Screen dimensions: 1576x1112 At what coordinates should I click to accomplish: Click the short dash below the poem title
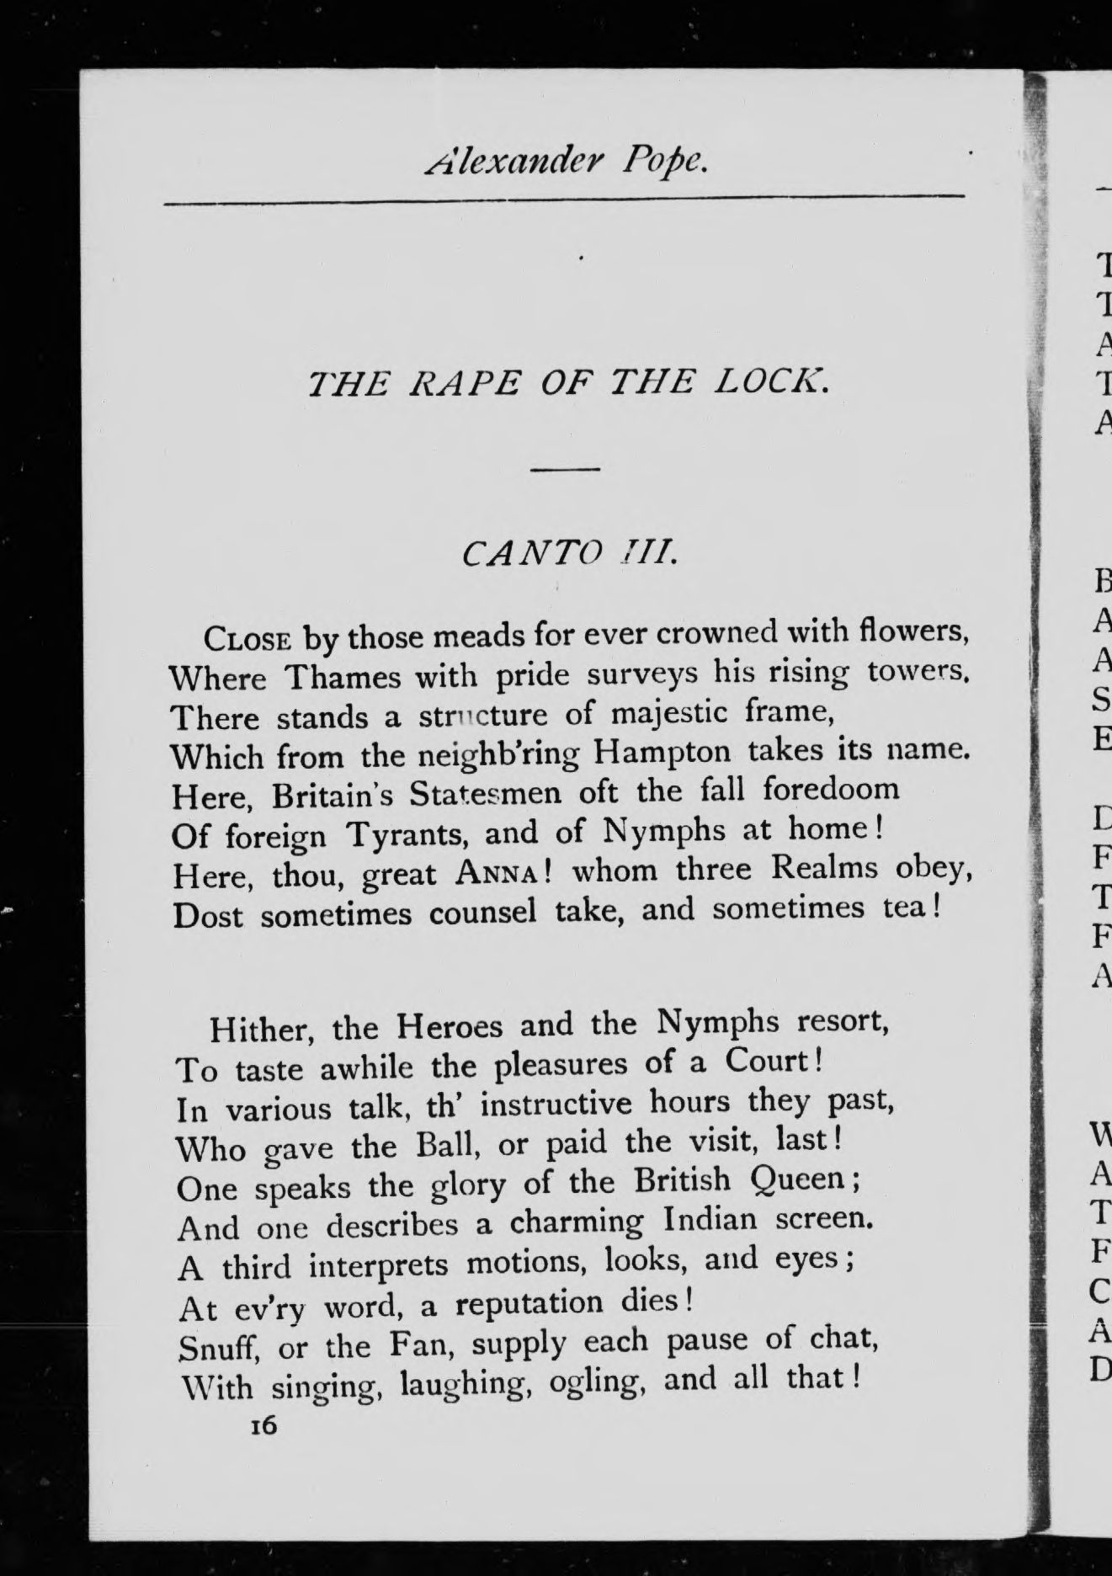565,469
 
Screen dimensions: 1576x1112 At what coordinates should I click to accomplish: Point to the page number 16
263,1426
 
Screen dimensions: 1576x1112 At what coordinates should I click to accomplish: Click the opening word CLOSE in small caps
247,640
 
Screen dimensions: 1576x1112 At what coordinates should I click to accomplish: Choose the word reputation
529,1303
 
